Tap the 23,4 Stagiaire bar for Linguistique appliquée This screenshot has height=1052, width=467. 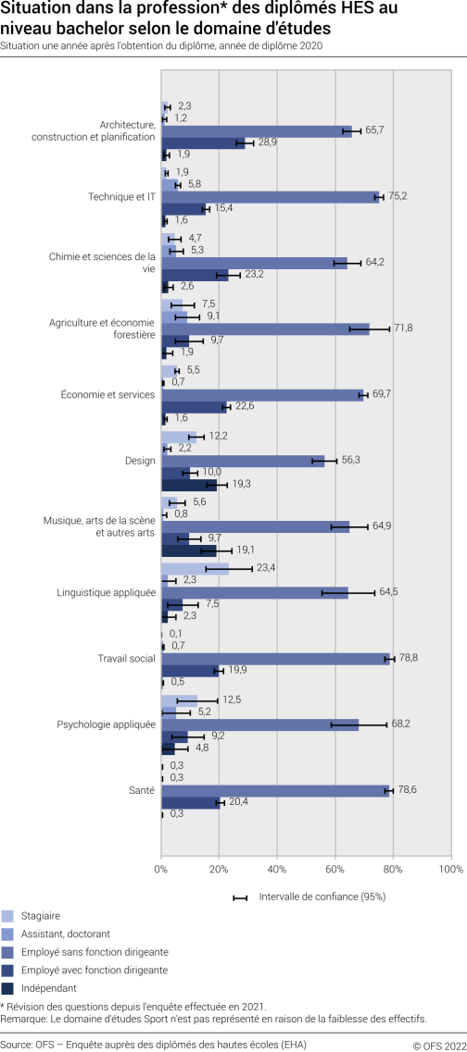pyautogui.click(x=195, y=569)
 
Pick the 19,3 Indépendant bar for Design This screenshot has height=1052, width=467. pyautogui.click(x=189, y=484)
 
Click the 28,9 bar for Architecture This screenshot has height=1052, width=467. pyautogui.click(x=203, y=142)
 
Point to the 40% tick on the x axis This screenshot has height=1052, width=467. pyautogui.click(x=277, y=870)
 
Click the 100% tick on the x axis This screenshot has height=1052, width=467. pyautogui.click(x=449, y=870)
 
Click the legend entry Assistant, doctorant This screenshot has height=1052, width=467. pyautogui.click(x=64, y=934)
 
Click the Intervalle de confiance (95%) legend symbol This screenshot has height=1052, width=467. pyautogui.click(x=240, y=897)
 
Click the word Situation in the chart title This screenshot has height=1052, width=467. pyautogui.click(x=32, y=10)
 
